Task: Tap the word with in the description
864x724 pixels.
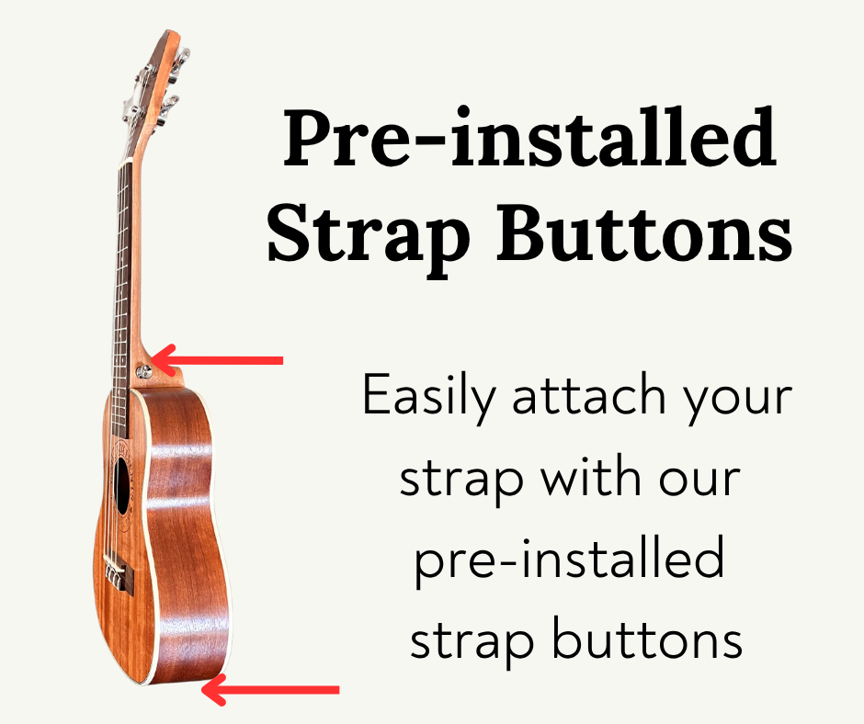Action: click(x=588, y=480)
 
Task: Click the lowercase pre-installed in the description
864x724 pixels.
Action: click(x=567, y=560)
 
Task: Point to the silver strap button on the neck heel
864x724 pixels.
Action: click(x=143, y=371)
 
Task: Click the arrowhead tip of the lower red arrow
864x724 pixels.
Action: click(x=205, y=689)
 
